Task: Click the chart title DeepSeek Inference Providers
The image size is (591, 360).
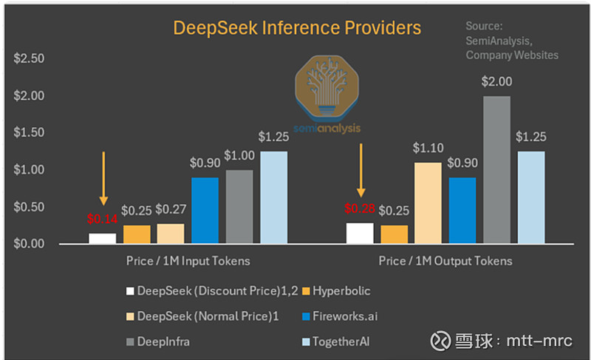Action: (296, 28)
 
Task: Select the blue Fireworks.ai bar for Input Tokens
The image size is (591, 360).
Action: (205, 211)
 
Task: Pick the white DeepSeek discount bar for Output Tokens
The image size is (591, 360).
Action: (360, 233)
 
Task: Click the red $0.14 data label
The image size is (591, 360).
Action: (102, 219)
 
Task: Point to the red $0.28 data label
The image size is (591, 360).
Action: (360, 208)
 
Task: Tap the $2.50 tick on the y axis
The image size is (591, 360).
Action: (29, 58)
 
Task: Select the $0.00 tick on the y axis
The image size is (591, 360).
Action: (29, 244)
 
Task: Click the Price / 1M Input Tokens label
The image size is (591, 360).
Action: (187, 261)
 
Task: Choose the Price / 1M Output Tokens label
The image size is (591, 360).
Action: (445, 261)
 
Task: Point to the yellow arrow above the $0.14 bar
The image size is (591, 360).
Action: (103, 178)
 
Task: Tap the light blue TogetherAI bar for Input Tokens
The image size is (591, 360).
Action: (273, 197)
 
